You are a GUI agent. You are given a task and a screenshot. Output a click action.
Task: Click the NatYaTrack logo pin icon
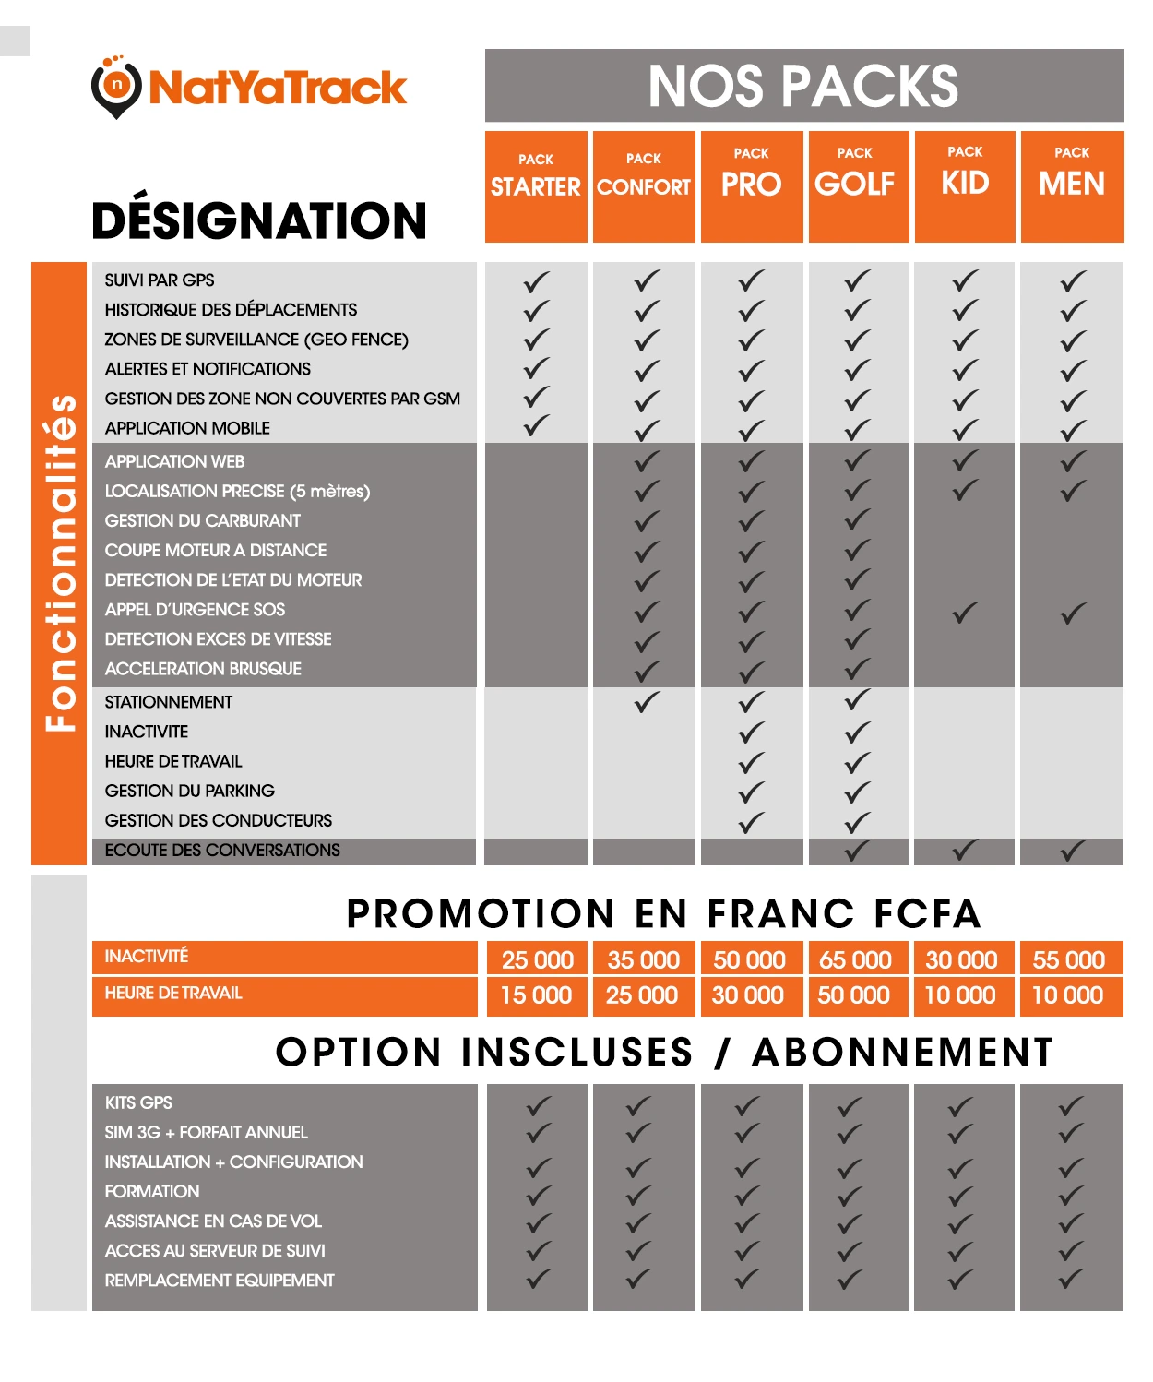[115, 88]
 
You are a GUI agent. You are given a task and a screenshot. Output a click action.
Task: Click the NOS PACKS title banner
[803, 86]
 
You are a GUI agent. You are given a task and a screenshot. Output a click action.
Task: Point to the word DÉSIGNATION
[259, 220]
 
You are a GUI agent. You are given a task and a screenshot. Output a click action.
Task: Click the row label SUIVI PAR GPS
[160, 280]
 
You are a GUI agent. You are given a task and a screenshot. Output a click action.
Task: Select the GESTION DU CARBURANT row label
[203, 521]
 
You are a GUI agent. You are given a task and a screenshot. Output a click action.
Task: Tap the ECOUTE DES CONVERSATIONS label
[222, 851]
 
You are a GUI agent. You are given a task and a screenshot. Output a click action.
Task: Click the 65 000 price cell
[855, 959]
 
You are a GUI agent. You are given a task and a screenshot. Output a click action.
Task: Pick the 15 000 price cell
[536, 995]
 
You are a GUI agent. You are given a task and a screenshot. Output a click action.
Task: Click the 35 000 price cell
[643, 959]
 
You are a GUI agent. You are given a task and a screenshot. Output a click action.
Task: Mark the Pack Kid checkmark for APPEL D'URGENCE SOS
[965, 612]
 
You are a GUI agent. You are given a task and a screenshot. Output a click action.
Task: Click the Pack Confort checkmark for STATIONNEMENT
[647, 702]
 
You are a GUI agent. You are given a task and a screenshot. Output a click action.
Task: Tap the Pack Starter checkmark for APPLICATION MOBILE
[536, 426]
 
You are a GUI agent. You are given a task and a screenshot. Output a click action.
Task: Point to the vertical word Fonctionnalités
[61, 563]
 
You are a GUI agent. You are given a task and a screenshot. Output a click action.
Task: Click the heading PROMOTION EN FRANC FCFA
[663, 913]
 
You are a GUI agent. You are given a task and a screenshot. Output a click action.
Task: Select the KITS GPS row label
[138, 1103]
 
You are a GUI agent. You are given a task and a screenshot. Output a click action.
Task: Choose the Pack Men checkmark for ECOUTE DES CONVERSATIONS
[1072, 851]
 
